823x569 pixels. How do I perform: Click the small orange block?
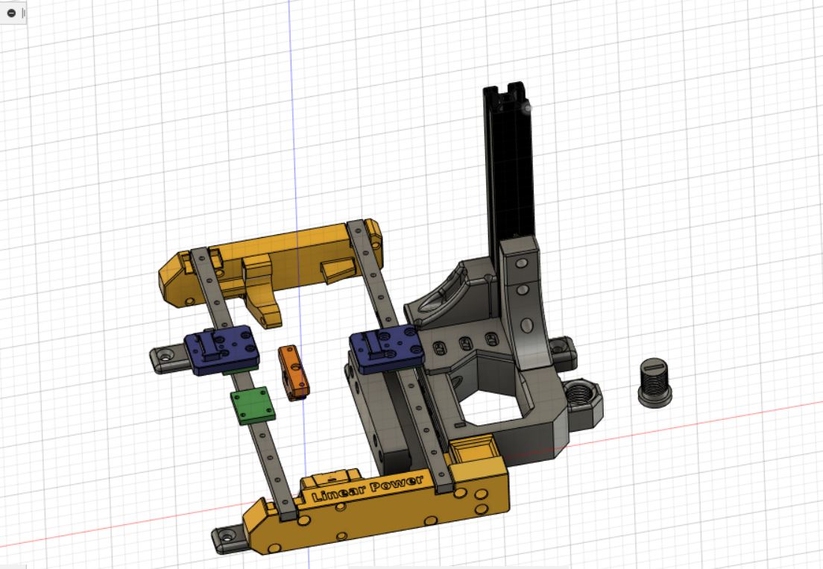click(x=293, y=371)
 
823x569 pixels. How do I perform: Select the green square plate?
click(x=253, y=406)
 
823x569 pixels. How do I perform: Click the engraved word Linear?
click(x=336, y=492)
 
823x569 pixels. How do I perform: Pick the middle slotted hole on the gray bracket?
click(x=466, y=344)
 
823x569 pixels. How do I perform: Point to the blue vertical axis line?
click(x=291, y=112)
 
